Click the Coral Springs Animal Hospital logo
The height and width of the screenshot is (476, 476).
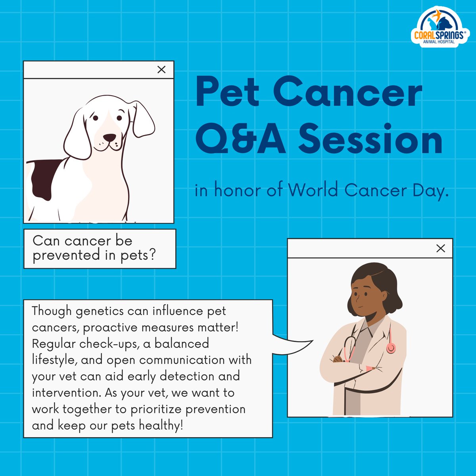coord(438,28)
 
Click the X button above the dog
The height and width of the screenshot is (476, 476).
coord(161,70)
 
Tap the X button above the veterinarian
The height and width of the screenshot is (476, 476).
coord(440,248)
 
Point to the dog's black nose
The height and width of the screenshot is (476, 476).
coord(109,138)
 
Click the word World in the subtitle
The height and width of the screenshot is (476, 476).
coord(313,190)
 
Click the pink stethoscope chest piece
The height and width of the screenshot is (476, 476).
coord(391,348)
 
